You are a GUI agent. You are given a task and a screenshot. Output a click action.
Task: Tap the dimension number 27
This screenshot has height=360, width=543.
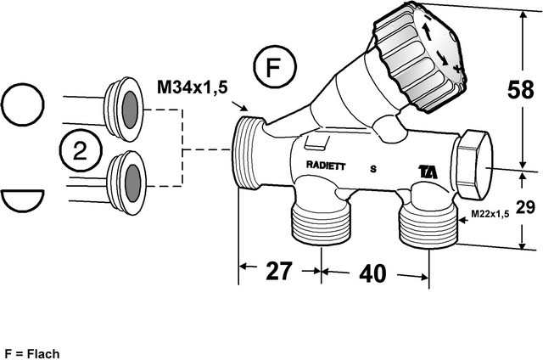coord(279,272)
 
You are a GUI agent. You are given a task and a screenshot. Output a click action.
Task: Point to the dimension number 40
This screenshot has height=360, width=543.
coord(373,273)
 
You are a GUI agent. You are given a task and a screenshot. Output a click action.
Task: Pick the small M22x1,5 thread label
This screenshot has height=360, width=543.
coord(488,214)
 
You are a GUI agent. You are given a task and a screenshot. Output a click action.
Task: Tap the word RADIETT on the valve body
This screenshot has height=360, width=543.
coord(325,166)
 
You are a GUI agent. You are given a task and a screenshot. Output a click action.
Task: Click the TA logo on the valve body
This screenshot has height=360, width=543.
coord(428,170)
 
